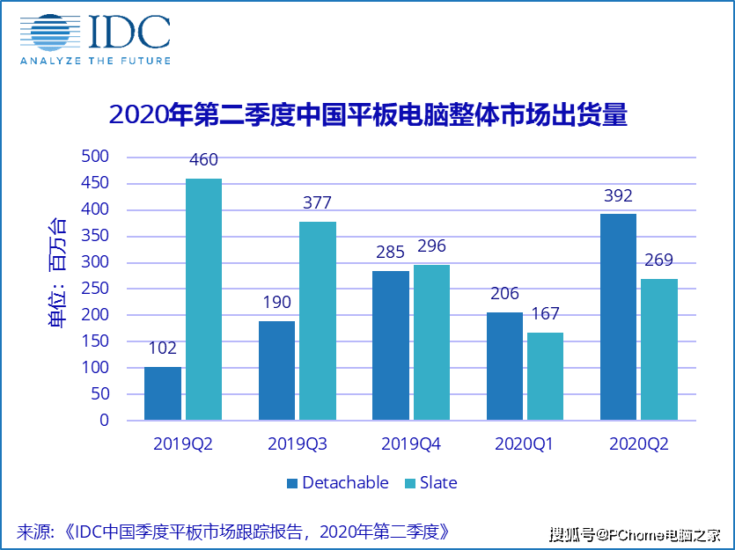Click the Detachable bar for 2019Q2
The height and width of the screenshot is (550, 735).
tap(163, 393)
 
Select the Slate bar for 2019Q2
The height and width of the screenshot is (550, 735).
tap(202, 299)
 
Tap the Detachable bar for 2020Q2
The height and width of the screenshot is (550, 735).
tap(618, 317)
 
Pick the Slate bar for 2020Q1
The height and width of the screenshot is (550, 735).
tap(544, 376)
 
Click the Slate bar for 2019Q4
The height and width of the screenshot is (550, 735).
tap(431, 342)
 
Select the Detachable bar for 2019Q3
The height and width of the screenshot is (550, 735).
tap(276, 370)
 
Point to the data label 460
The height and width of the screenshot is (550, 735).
tap(202, 160)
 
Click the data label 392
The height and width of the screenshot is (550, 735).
tap(618, 195)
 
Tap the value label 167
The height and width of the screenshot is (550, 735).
tap(544, 314)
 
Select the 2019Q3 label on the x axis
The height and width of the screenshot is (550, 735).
tap(297, 444)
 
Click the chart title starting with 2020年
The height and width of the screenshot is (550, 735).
tap(367, 114)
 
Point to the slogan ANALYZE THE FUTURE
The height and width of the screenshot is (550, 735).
tap(95, 61)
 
